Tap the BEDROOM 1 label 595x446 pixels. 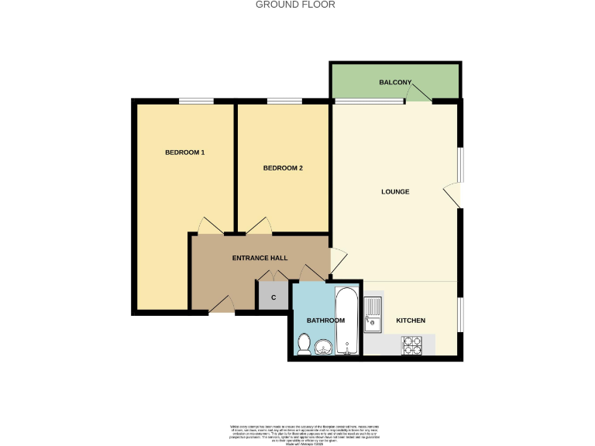(x=184, y=153)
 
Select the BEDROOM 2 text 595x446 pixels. (x=283, y=168)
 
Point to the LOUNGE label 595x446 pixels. (x=395, y=191)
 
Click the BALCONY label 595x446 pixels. (x=394, y=82)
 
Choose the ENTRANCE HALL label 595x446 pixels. (x=260, y=258)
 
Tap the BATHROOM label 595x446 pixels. (x=325, y=321)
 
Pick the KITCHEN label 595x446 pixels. (x=411, y=321)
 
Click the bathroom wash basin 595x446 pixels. (x=325, y=346)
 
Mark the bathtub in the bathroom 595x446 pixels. (x=346, y=321)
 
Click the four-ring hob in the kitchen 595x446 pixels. (x=411, y=345)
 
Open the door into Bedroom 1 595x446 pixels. (x=210, y=226)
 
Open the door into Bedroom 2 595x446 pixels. (x=260, y=226)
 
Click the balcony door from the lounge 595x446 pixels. (x=418, y=94)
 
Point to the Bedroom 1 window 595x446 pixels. (x=197, y=101)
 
